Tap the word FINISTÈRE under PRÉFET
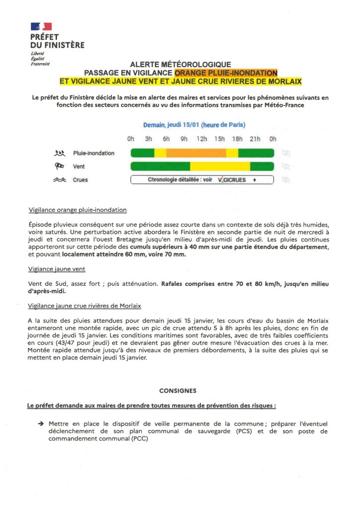pos(64,45)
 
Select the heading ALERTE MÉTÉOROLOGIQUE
pos(180,64)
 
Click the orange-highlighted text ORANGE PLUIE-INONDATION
pos(226,73)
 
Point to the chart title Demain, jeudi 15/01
pos(194,125)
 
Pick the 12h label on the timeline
pos(201,139)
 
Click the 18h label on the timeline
pos(237,139)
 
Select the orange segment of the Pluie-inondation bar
pos(196,153)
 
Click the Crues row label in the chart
pos(80,180)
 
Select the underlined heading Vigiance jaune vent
pos(57,269)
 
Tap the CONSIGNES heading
pos(178,391)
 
